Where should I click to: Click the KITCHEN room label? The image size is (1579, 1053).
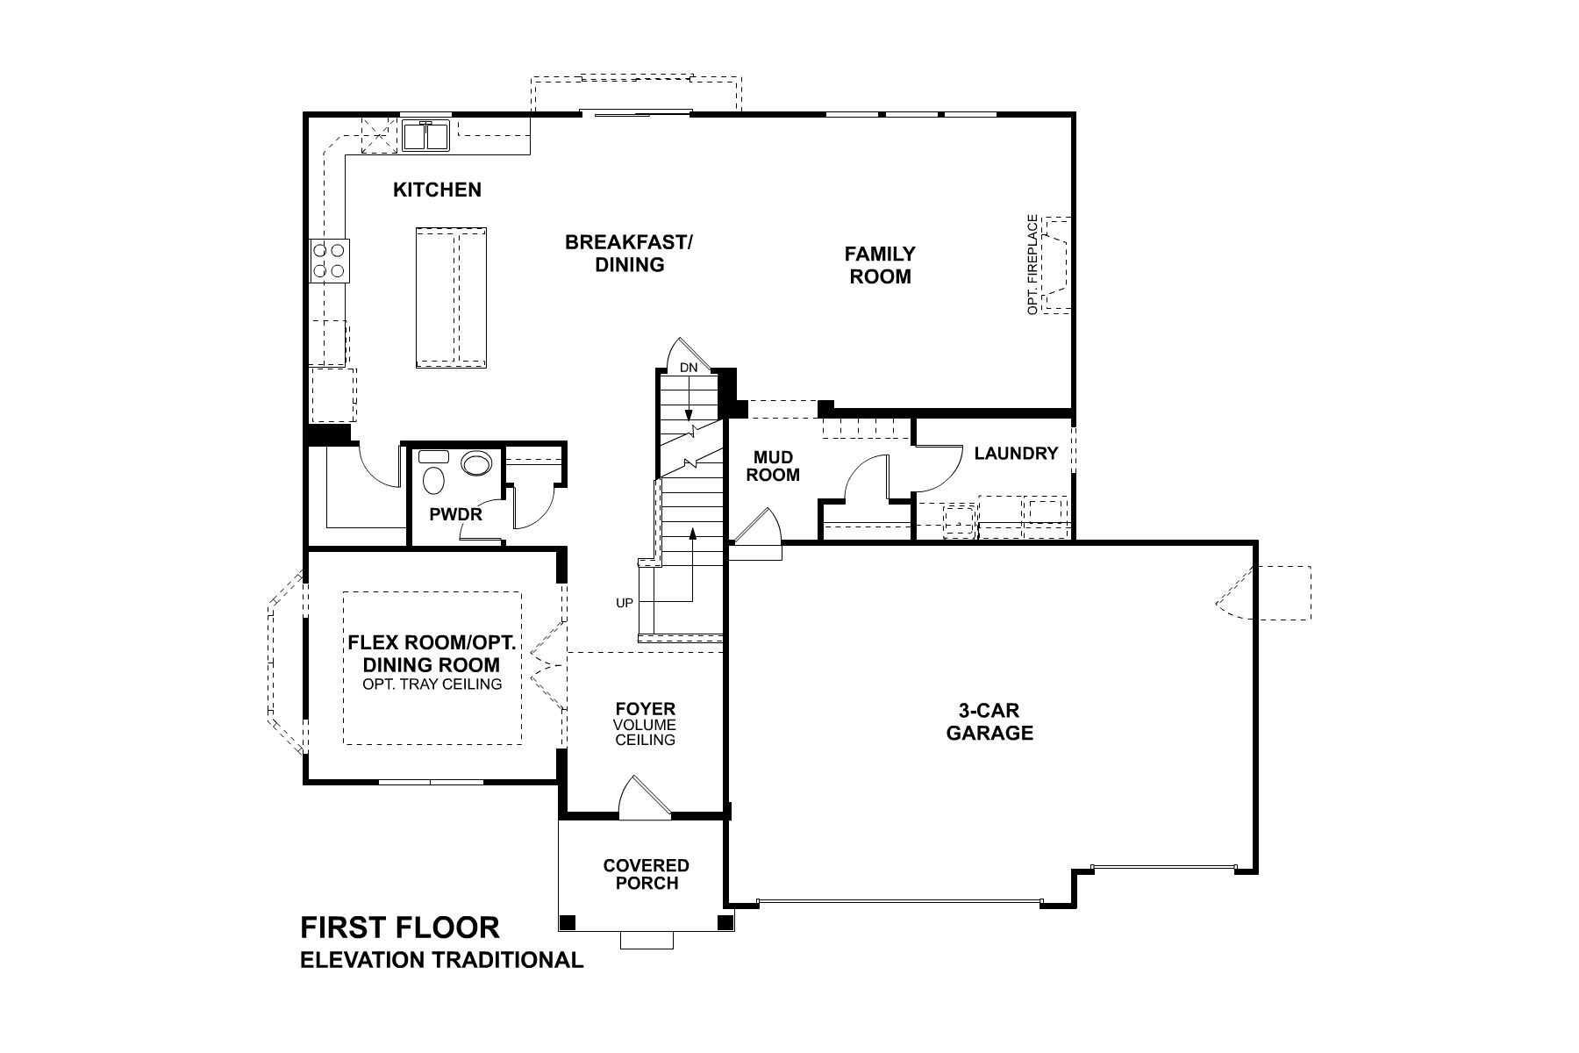pos(437,190)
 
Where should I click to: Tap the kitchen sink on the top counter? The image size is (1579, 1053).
pos(426,137)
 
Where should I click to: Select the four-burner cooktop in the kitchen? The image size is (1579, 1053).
pos(330,261)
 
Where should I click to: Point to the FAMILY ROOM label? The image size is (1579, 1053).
pos(880,265)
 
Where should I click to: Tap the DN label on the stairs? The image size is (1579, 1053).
pos(689,369)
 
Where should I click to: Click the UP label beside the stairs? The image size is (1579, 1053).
pos(625,603)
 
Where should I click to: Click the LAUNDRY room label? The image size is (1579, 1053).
pos(1016,454)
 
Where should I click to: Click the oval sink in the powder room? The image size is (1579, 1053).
pos(477,463)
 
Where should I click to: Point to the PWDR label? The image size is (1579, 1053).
pos(455,514)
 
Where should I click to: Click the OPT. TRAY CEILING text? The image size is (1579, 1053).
pos(432,684)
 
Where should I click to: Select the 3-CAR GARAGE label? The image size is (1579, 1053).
pos(990,721)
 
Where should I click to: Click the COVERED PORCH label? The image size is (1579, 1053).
pos(646,874)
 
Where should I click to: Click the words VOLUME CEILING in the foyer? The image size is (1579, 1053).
pos(645,733)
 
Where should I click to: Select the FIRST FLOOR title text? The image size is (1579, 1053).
pos(400,928)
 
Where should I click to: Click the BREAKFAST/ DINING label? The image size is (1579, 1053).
pos(629,253)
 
